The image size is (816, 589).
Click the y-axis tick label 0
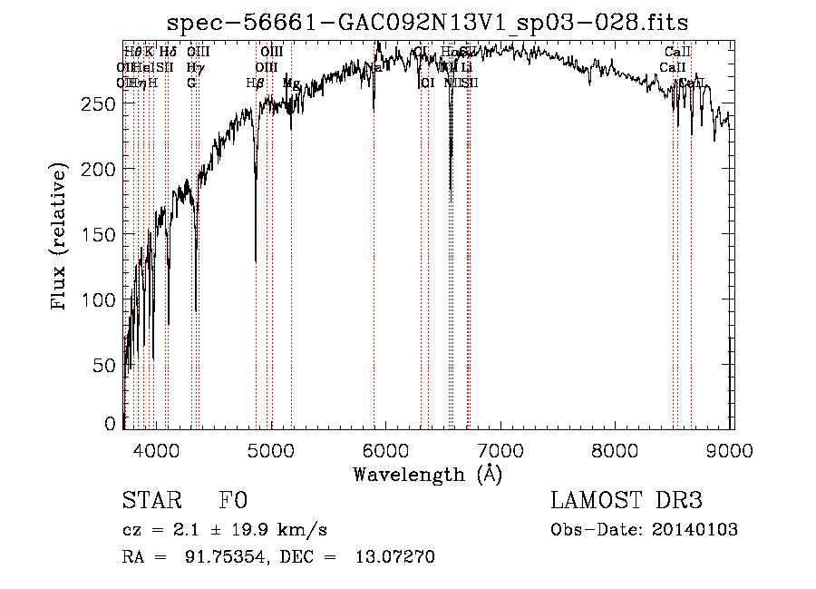(x=111, y=424)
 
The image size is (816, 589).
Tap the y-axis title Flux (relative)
(x=60, y=238)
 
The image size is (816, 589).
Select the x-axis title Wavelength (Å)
(x=427, y=474)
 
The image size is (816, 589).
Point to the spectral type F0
(x=232, y=501)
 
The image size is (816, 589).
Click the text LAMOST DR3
(x=627, y=501)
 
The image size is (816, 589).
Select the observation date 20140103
(x=701, y=530)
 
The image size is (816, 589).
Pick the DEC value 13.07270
(x=393, y=557)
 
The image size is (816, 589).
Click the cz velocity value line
(x=224, y=530)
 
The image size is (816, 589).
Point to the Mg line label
(x=291, y=83)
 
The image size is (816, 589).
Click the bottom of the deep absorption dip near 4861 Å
(x=256, y=260)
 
